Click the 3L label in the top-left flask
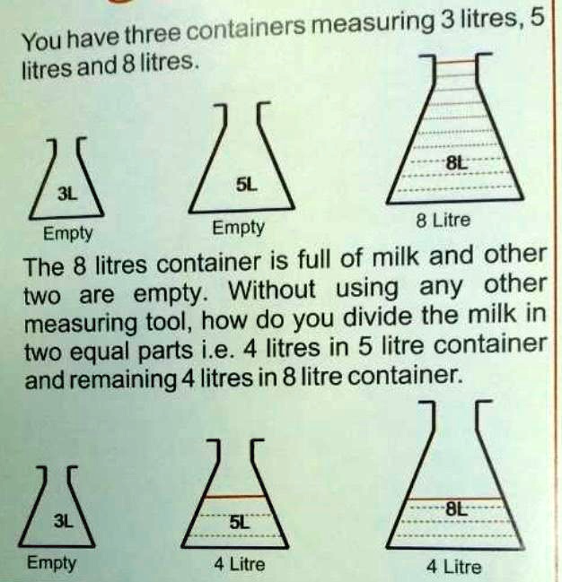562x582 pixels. click(66, 193)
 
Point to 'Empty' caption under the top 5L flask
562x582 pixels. click(238, 228)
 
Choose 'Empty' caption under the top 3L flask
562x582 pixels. click(68, 234)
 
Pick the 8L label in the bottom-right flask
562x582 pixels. click(457, 509)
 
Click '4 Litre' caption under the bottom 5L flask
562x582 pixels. click(240, 565)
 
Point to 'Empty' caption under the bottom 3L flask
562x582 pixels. click(51, 564)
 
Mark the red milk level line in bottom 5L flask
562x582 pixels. click(235, 497)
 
